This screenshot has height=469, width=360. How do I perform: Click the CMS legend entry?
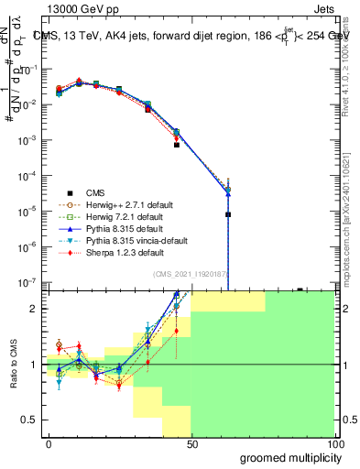95,192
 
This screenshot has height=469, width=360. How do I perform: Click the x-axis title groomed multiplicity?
287,457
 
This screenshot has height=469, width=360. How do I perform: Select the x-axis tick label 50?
191,443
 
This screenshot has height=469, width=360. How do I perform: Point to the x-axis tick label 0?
49,443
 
